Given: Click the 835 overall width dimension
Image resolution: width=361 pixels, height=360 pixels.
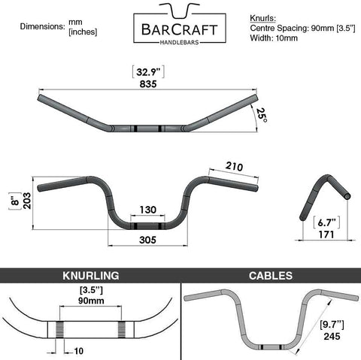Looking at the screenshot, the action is tap(148, 84).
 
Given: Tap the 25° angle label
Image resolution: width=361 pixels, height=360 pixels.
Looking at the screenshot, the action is tap(262, 115).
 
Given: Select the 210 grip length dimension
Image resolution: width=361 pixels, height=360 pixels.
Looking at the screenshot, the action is tap(234, 166).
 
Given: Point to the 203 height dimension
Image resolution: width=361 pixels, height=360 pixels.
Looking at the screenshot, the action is tap(27, 201).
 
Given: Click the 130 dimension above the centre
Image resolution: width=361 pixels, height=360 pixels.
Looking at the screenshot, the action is tap(148, 210).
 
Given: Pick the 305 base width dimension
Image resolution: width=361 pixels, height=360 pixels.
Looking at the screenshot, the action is tap(147, 240).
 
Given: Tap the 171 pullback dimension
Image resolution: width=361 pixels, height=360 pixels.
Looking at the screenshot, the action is tap(326, 234).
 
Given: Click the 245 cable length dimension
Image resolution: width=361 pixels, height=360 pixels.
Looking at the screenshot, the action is tap(332, 336).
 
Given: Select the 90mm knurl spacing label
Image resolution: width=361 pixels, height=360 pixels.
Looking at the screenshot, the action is tap(91, 301).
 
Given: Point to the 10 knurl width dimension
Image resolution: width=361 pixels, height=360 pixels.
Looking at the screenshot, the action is tap(78, 351).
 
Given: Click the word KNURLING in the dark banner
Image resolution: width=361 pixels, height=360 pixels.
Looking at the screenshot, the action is tap(91, 276).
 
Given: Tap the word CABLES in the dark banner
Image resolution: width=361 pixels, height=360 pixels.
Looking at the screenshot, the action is tap(271, 276).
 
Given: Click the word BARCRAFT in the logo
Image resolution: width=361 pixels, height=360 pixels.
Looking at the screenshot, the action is tap(180, 30).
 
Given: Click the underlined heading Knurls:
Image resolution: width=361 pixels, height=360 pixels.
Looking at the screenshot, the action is tap(262, 18).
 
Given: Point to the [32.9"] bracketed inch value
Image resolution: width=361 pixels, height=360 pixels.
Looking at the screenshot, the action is tap(148, 72).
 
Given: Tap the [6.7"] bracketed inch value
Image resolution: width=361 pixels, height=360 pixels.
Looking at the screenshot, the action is tap(326, 222).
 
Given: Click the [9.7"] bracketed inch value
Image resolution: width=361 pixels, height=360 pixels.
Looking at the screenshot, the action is tap(332, 325).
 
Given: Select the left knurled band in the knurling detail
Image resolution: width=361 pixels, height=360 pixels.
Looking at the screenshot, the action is tap(59, 329).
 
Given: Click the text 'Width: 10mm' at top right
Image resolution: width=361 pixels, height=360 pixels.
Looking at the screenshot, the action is tap(274, 38).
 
